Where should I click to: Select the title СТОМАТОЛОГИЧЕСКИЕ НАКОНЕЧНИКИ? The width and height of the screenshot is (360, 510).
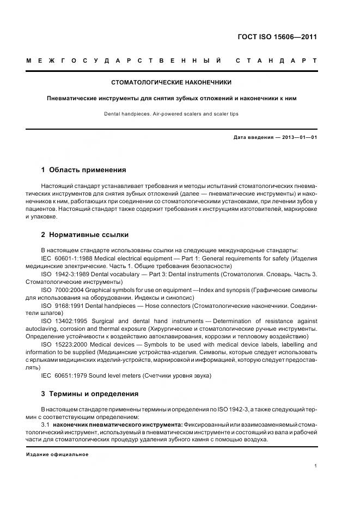click(172, 83)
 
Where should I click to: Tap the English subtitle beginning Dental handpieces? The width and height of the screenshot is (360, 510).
click(172, 114)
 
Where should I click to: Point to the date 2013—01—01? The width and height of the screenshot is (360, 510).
click(298, 137)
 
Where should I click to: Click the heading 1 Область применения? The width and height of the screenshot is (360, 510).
click(83, 170)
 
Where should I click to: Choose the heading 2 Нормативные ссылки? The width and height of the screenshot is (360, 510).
click(85, 235)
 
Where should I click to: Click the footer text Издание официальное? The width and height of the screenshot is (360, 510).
click(57, 454)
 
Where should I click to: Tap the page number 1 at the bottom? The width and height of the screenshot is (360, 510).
click(316, 466)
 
